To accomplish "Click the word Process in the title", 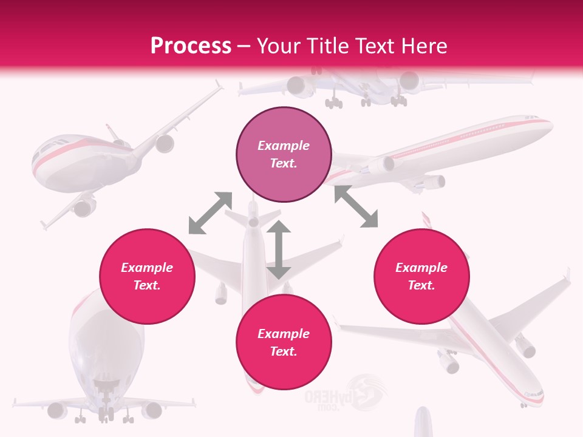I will coord(191,46).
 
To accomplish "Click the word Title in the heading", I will coord(326,46).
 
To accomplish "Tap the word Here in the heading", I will coord(421,46).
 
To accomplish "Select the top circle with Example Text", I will coord(284,155).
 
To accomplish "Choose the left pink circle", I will coord(147,276).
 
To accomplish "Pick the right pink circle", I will coord(421,276).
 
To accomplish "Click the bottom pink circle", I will coord(284,342).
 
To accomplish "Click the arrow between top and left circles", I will coord(210,212).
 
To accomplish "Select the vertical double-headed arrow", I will coord(279,250).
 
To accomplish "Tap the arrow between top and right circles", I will coord(356,206).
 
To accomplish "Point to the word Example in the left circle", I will coord(147,268).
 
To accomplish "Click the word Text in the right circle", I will coord(421,285).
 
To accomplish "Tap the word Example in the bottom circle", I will coord(284,334).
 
